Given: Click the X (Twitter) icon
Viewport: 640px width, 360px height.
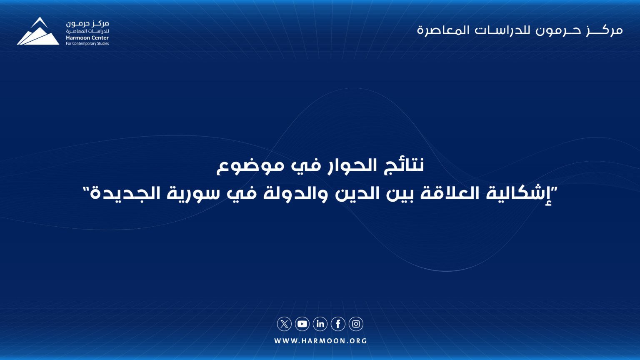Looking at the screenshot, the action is point(284,324).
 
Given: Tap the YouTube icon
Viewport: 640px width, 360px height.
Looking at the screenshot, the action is point(302,324).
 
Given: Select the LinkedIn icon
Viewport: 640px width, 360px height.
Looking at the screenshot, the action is point(320,324).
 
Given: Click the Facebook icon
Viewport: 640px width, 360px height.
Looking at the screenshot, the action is point(338,324).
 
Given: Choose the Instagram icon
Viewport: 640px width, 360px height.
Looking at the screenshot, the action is point(356,324).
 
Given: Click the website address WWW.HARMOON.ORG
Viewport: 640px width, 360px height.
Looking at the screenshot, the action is point(320,341).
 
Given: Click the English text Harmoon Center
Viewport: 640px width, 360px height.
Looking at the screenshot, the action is point(87,38).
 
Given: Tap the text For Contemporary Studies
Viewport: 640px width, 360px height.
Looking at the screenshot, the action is point(87,44).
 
